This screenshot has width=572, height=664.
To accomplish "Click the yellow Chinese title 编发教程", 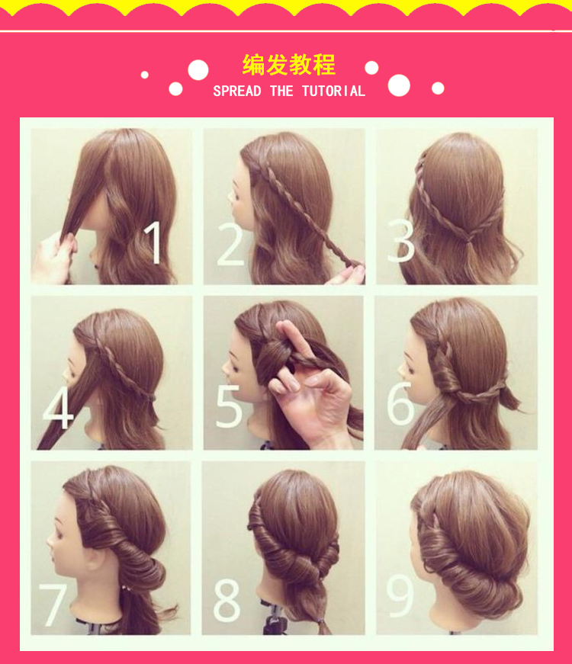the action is [x=289, y=65].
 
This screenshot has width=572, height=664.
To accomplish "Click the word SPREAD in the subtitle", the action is [x=237, y=91].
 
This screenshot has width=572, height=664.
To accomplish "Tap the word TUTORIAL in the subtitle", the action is [x=333, y=91].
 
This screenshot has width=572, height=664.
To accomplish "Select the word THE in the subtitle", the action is [x=281, y=91].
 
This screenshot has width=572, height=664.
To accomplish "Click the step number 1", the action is [x=153, y=242].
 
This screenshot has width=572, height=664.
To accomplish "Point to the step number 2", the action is [x=230, y=245].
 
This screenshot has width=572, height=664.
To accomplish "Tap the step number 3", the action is [x=401, y=241].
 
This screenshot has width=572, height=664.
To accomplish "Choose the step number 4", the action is [x=58, y=407].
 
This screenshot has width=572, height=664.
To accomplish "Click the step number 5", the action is [x=229, y=406].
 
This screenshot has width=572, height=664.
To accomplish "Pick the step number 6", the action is [x=400, y=403].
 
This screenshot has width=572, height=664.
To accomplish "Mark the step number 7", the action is [x=53, y=605].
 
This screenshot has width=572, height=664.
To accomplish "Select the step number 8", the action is [x=227, y=601].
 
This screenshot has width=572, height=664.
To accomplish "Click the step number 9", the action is [x=400, y=595].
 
